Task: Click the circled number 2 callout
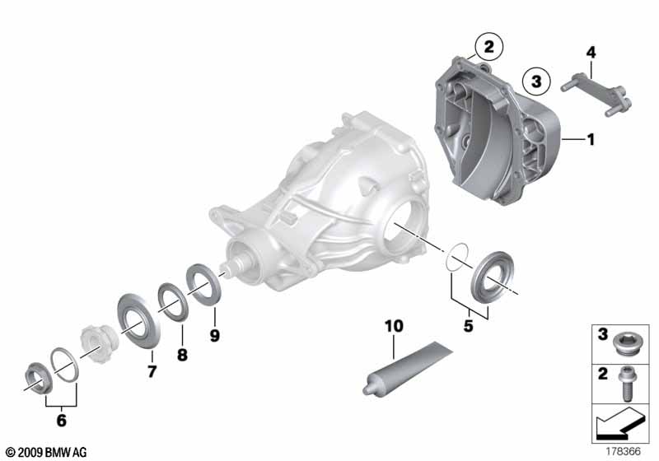[488, 46]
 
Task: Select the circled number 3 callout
[536, 81]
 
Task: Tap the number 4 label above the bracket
[591, 53]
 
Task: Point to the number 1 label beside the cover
[591, 139]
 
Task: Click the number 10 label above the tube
[394, 326]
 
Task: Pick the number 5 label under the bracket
[468, 326]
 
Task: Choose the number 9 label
[214, 336]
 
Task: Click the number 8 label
[182, 355]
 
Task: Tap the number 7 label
[152, 371]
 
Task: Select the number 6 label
[61, 421]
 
